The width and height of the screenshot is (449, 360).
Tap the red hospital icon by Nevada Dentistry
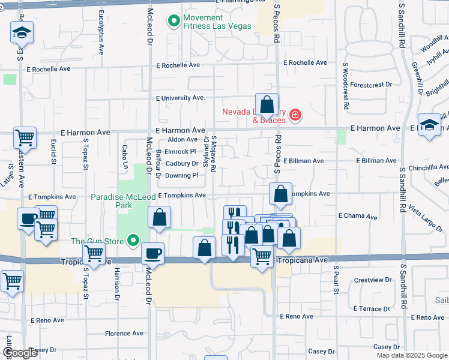[295, 115]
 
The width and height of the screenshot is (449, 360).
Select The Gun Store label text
[97, 242]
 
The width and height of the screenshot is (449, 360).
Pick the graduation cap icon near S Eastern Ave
[22, 32]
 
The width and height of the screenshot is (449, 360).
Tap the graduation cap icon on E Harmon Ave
[429, 125]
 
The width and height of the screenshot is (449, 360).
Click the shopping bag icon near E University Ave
[267, 104]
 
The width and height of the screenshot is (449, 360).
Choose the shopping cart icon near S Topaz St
[94, 254]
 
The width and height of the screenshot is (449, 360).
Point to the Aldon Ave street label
[182, 139]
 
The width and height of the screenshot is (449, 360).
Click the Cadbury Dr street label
[181, 163]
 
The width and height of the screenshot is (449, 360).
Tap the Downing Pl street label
[181, 175]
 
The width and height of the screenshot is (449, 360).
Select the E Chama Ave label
[358, 215]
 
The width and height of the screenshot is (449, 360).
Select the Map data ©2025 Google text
[411, 355]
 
